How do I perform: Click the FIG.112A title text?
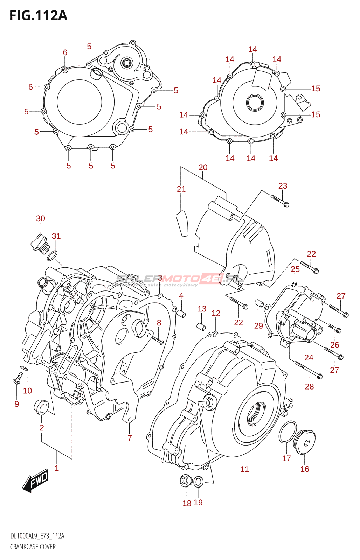(38, 16)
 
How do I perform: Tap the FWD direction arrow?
(35, 480)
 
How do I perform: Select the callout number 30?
(41, 218)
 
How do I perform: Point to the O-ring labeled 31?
(52, 256)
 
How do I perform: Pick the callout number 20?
(203, 167)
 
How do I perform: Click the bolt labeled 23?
(279, 201)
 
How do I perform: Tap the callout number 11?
(244, 469)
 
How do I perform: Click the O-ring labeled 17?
(288, 432)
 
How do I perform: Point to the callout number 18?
(187, 503)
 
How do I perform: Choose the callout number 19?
(198, 503)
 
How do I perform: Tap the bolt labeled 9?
(18, 378)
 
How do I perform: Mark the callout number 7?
(130, 438)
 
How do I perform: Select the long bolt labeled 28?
(308, 370)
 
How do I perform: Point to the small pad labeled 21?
(182, 223)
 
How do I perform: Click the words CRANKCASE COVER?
(33, 547)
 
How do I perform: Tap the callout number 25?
(295, 269)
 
